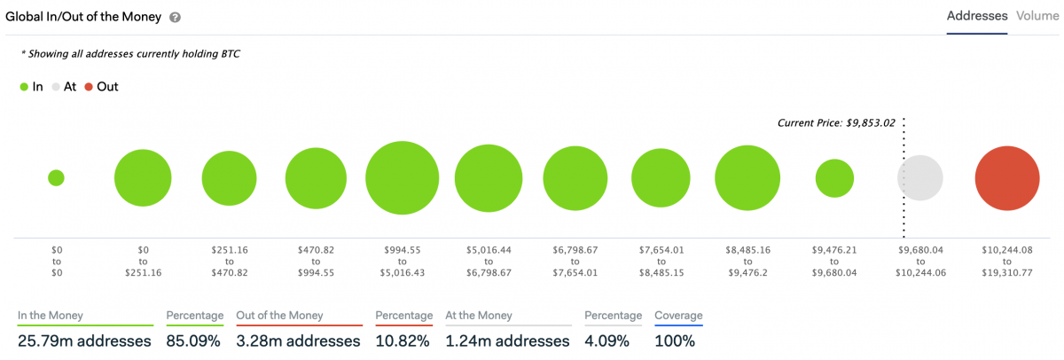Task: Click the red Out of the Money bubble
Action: [1007, 178]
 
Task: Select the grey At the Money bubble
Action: [920, 177]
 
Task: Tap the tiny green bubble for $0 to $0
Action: [56, 178]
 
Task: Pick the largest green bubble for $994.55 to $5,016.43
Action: [403, 177]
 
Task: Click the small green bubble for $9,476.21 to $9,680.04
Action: [834, 178]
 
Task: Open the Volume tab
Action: [1037, 16]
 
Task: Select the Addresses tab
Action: [977, 16]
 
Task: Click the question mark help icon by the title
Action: [176, 18]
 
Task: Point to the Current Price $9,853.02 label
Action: [836, 123]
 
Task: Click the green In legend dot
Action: [24, 87]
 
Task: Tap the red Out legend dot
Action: [89, 87]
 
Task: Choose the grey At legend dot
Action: [56, 87]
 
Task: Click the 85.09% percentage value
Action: [193, 341]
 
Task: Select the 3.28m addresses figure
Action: [298, 341]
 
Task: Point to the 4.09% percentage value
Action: [607, 341]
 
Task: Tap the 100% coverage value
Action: [675, 341]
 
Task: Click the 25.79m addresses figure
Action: [84, 341]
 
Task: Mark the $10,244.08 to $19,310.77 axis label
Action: [1007, 262]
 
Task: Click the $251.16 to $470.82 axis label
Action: [230, 262]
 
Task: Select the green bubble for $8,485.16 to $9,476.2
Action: [747, 177]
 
